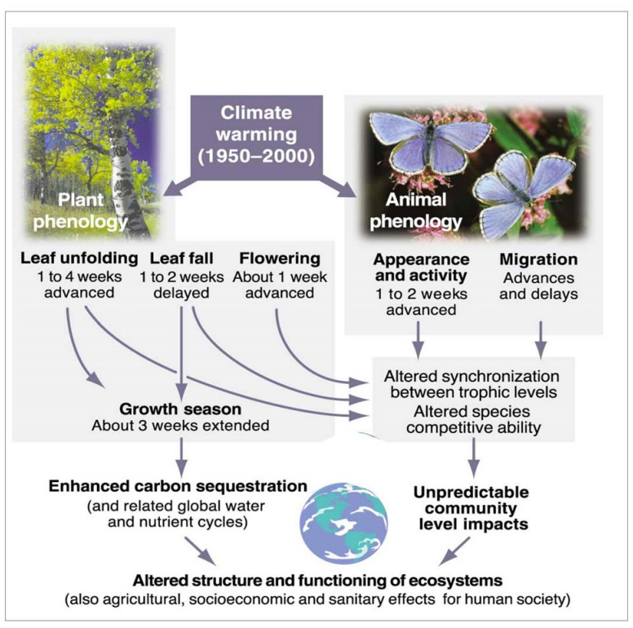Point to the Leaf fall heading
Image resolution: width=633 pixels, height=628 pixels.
pos(182,259)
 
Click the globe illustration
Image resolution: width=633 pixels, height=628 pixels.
pos(343,519)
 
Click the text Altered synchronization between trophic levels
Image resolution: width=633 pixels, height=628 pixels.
pos(472,383)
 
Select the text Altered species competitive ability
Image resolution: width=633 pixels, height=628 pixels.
pos(472,417)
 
